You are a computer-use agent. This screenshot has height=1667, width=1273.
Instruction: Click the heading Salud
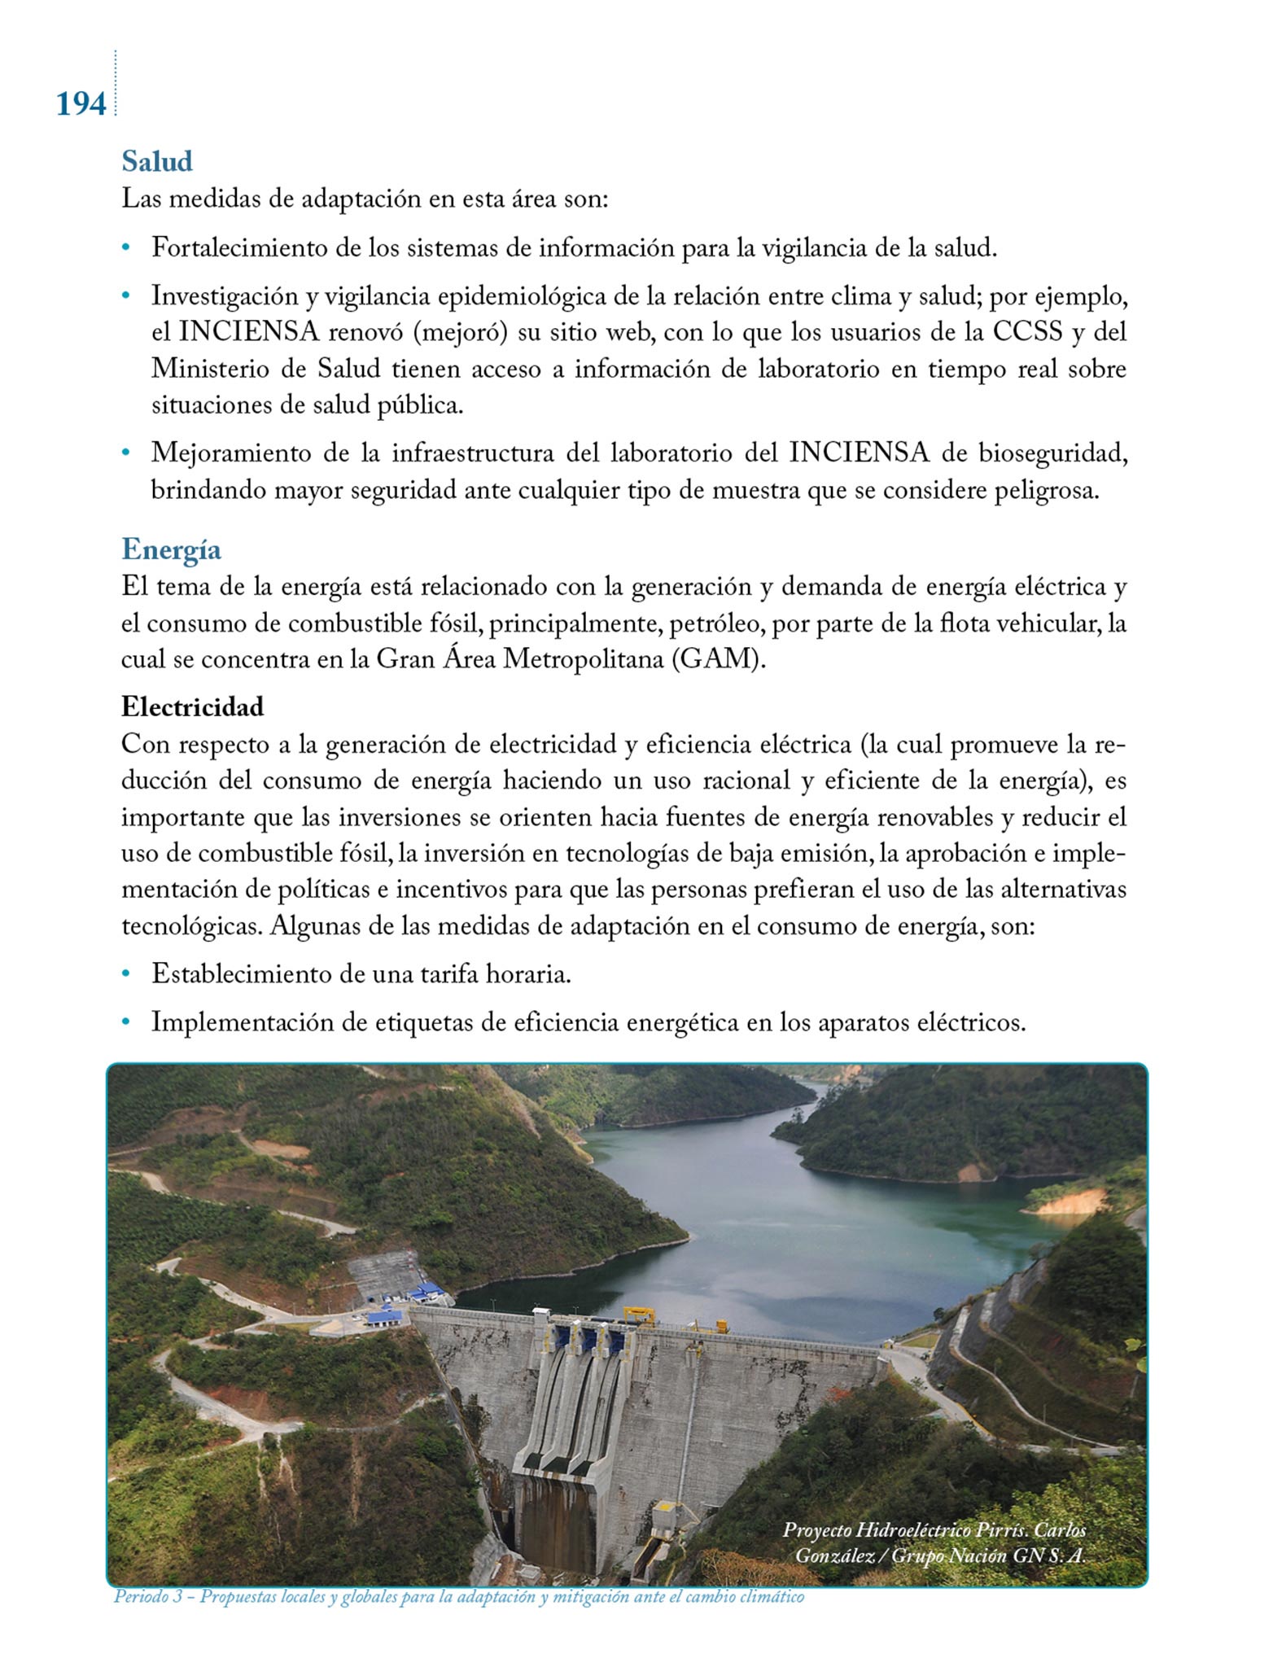pos(157,161)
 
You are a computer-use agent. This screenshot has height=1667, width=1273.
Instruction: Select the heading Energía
pos(171,549)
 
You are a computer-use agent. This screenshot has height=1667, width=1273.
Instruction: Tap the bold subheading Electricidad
pos(193,707)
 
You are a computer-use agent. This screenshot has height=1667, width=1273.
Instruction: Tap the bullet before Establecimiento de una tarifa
pos(125,973)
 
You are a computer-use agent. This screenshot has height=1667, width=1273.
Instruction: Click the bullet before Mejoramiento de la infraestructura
pos(125,453)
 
